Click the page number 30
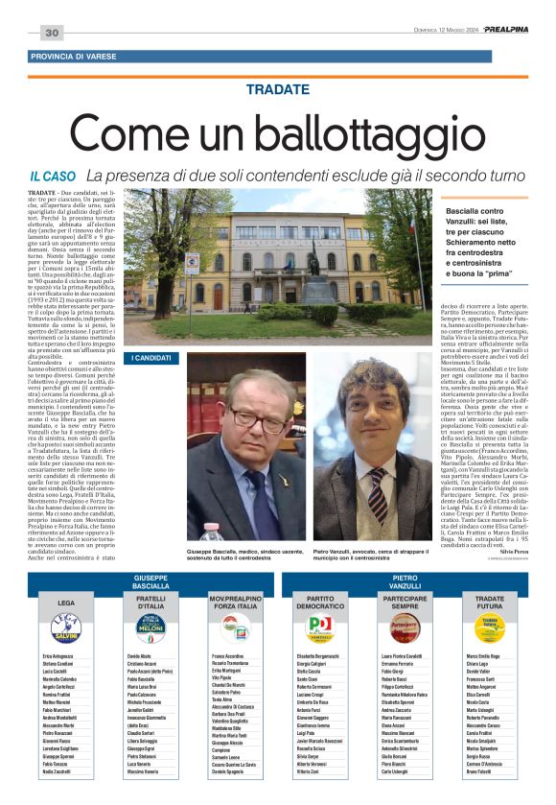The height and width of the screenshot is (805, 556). coord(52,33)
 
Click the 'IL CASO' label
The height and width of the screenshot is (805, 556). coord(52,176)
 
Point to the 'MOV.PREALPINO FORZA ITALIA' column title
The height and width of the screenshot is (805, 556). coord(235,602)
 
